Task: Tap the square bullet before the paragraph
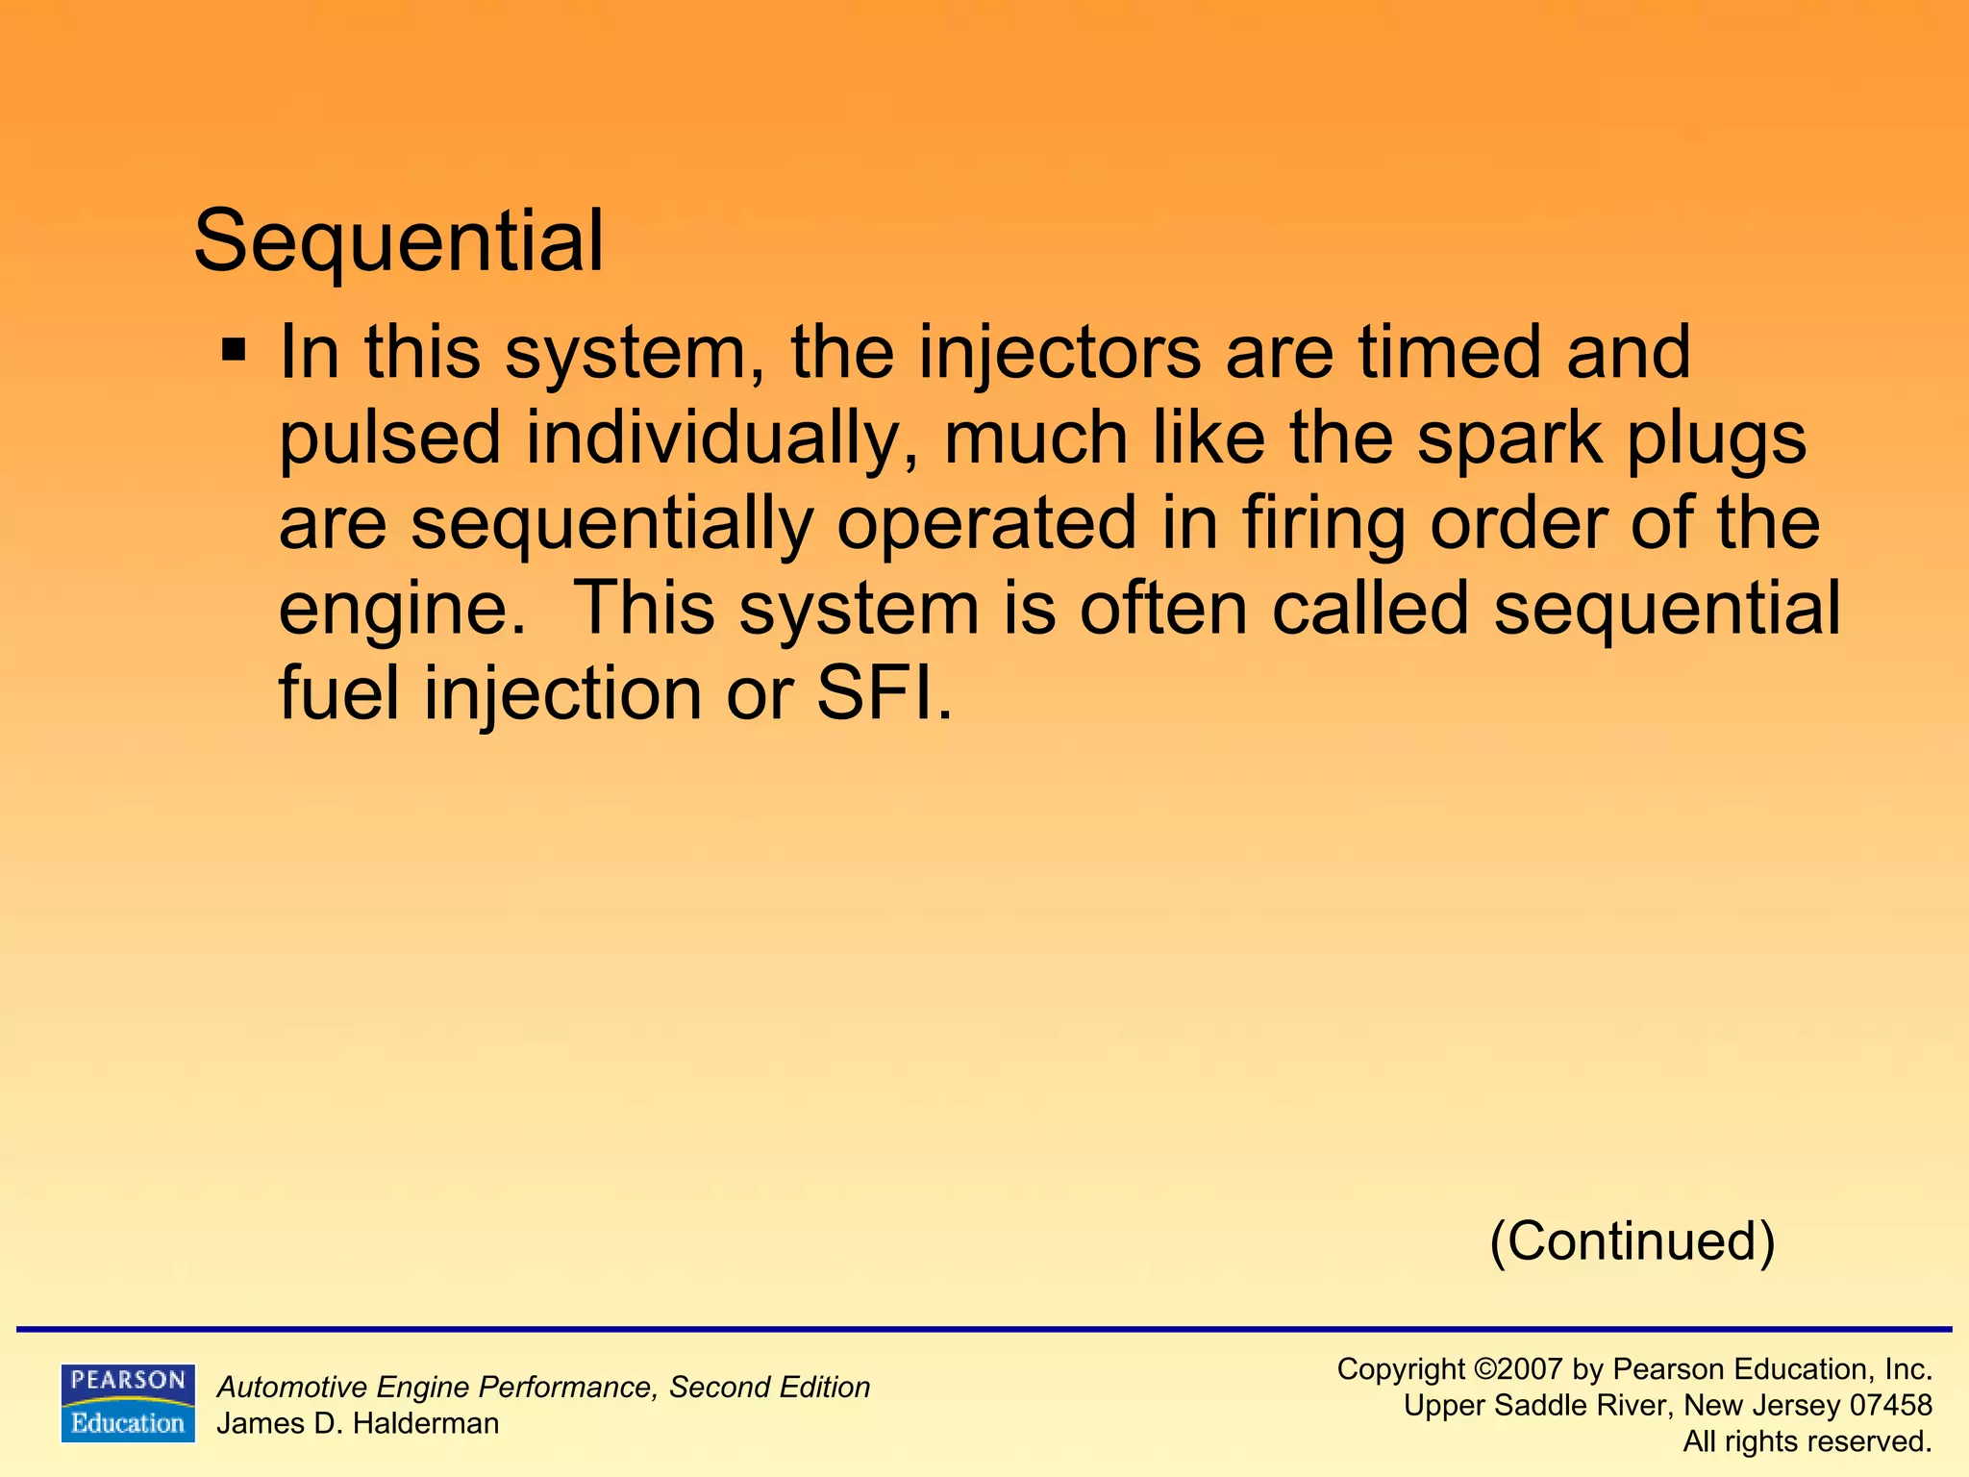point(234,348)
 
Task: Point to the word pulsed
point(390,438)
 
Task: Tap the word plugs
point(1716,439)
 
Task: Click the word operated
point(986,524)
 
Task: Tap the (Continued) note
point(1632,1240)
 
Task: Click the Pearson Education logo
point(128,1403)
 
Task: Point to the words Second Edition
point(769,1387)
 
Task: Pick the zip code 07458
point(1890,1405)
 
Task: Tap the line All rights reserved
point(1807,1441)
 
